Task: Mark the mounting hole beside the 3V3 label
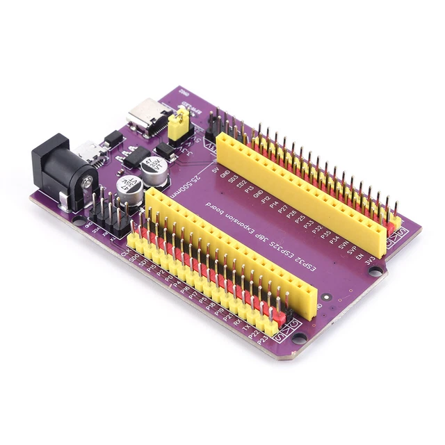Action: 375,270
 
